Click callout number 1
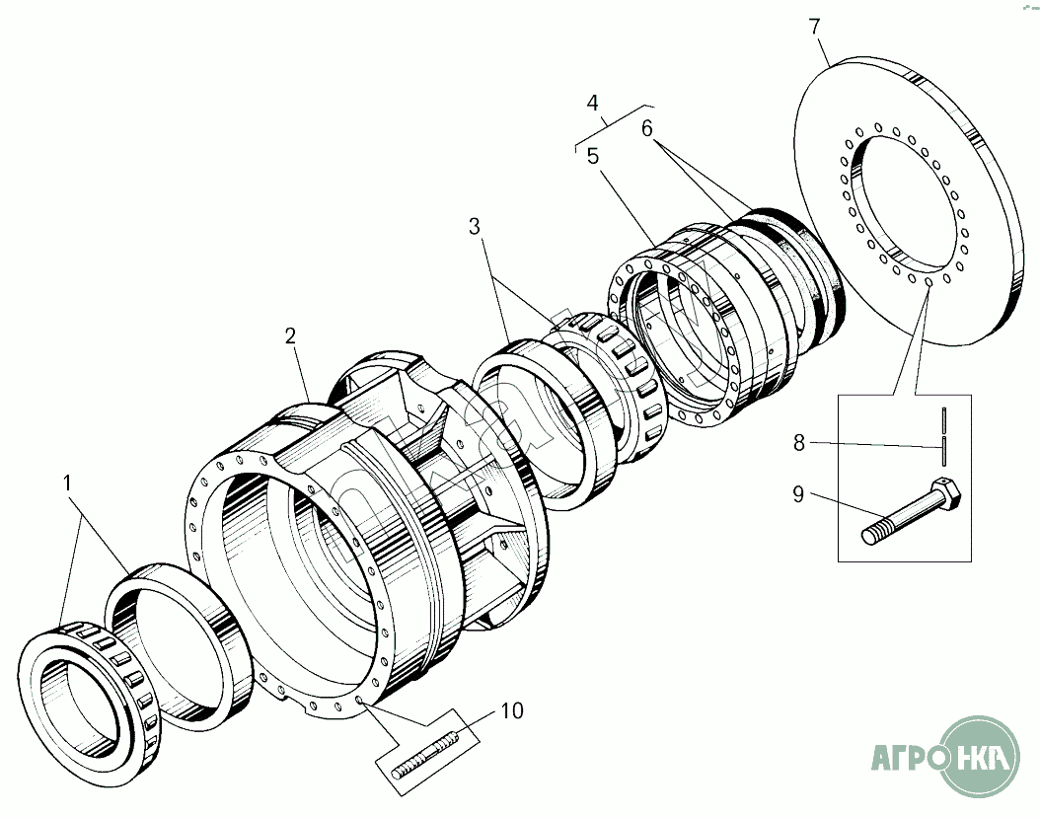(67, 483)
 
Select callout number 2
(290, 335)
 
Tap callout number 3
(475, 227)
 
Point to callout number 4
(592, 103)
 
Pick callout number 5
(593, 157)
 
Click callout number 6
(647, 128)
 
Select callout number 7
(814, 28)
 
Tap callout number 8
(799, 442)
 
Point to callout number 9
(798, 494)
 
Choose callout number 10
(512, 710)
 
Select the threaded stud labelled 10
(424, 754)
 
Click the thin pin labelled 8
(944, 437)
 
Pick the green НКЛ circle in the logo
(981, 756)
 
